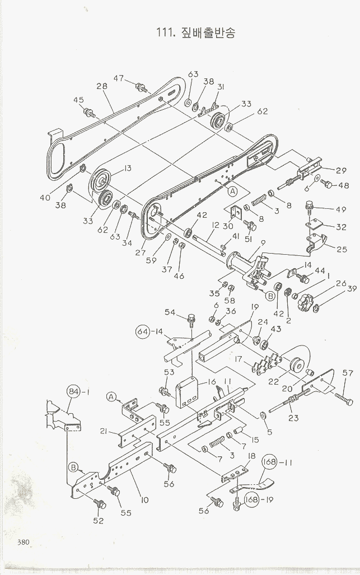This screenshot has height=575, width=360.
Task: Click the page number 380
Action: tap(23, 543)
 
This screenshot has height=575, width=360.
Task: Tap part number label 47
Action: tap(118, 78)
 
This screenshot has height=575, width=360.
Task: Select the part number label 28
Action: tap(102, 86)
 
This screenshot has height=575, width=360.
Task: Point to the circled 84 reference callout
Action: tap(73, 392)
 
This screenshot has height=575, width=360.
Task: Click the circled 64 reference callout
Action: tap(143, 331)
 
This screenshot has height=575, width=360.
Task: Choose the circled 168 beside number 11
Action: tap(270, 462)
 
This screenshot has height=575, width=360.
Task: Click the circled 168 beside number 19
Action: tap(252, 500)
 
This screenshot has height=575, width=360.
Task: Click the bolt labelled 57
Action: tap(344, 399)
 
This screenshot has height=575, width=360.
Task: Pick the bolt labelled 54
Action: tap(191, 320)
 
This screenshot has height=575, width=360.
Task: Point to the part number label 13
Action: tap(127, 169)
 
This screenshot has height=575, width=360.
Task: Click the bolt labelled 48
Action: tap(326, 183)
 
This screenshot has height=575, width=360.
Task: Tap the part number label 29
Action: tap(341, 171)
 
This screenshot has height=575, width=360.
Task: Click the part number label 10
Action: tap(145, 500)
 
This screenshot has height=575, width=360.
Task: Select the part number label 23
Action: tap(293, 418)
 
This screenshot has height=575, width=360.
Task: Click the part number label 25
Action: tap(342, 249)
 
